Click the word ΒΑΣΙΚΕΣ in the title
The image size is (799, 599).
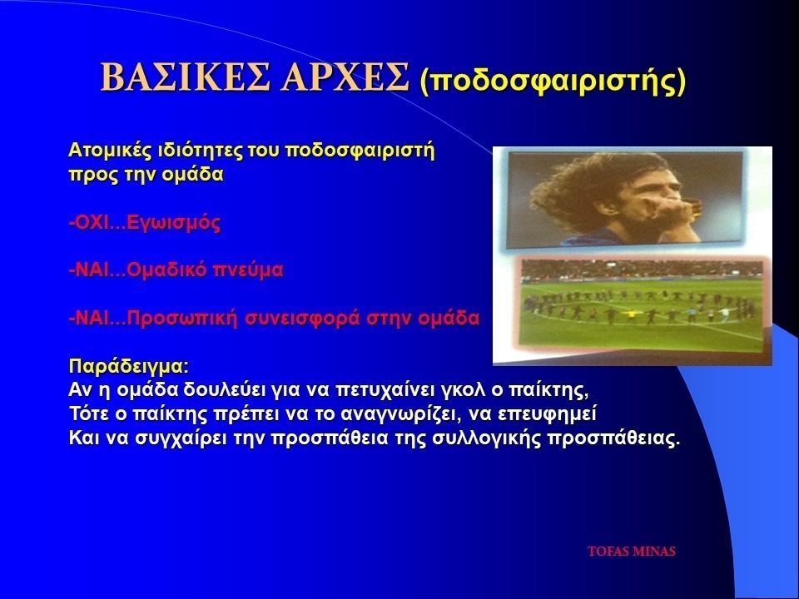click(185, 77)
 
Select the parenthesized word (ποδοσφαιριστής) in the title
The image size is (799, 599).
click(553, 80)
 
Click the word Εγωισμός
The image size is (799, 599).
click(174, 223)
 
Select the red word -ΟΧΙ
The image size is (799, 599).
click(89, 223)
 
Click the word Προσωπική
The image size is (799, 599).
click(182, 319)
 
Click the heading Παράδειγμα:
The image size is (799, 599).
click(128, 367)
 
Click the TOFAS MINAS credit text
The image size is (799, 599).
click(632, 551)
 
